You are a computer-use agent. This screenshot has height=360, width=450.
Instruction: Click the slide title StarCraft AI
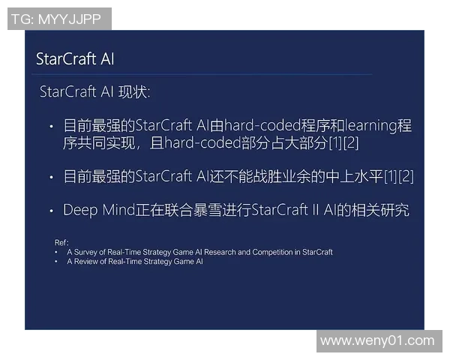75,59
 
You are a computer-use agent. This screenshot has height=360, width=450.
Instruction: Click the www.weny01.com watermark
376,340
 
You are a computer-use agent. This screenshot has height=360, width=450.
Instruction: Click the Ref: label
61,242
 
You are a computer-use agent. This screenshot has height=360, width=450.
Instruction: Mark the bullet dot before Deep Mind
51,211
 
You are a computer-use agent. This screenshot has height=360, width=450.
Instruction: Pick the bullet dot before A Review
57,262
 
